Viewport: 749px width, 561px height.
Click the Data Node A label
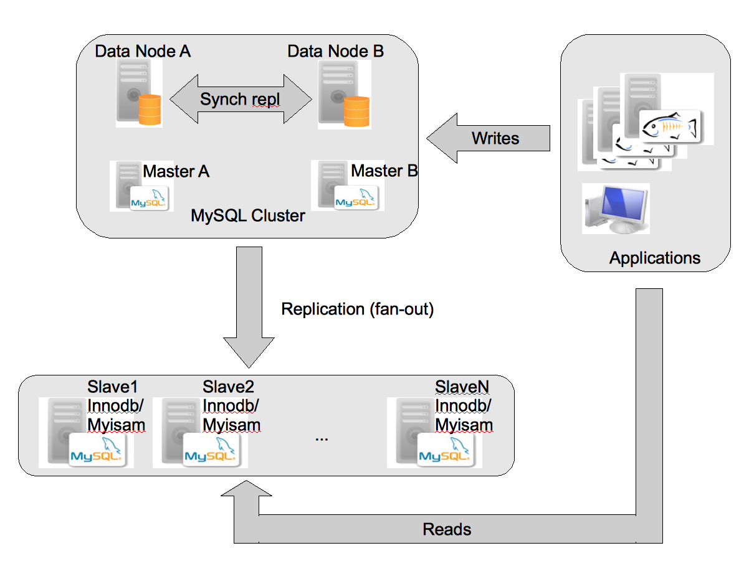143,51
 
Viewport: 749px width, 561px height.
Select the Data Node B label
335,51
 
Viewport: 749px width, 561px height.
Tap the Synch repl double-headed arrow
241,99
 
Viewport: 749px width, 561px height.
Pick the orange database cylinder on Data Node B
356,110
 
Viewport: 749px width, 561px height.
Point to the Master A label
176,171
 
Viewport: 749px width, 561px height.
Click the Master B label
384,171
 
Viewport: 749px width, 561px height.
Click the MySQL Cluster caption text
248,216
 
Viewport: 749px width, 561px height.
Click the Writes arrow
489,138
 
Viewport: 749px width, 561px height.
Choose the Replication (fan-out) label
357,309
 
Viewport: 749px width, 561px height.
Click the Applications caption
654,258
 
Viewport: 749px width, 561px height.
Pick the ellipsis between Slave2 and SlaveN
322,437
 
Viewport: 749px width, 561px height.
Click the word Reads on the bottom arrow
447,530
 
